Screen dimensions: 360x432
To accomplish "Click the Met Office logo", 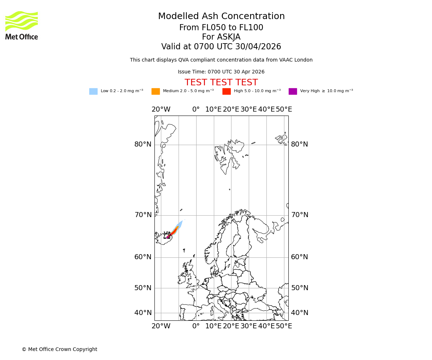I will point(22,25).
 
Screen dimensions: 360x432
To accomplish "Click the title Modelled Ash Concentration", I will point(221,16).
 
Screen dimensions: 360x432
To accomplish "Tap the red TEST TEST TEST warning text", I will point(221,82).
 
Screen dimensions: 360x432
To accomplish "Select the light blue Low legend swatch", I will point(93,91).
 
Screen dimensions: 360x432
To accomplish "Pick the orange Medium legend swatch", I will point(156,91).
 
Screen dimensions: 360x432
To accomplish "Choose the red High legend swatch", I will point(226,91).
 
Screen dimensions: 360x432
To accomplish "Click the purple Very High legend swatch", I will point(293,91).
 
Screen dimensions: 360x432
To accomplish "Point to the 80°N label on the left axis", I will point(143,144).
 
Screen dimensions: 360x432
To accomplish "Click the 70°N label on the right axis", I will point(300,215).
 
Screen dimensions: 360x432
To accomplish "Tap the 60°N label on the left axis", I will point(143,257).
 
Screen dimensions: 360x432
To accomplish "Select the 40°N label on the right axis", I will point(300,313).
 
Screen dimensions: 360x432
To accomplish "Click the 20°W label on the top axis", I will point(161,109).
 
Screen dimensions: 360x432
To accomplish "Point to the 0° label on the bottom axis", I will point(196,326).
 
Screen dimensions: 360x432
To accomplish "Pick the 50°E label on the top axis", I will point(284,109).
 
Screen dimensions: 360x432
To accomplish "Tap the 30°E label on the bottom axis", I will point(249,326).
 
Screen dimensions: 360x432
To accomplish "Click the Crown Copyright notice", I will point(59,349).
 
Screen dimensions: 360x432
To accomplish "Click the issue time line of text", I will point(221,72).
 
